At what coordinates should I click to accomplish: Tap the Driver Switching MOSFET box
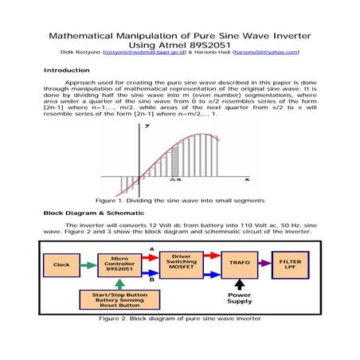pos(182,263)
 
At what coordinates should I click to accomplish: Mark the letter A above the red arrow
pos(151,248)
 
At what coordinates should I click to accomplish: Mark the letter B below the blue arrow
pos(151,279)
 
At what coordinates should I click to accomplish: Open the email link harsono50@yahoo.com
pos(266,52)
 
